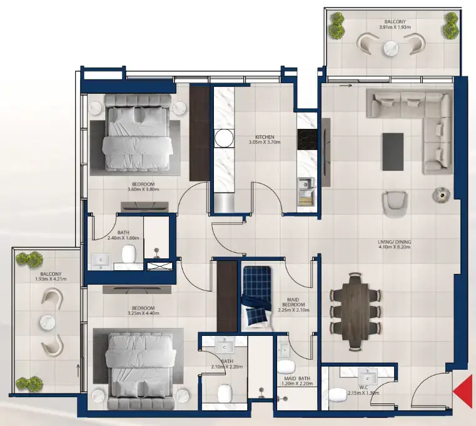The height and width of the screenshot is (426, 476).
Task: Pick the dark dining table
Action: click(x=354, y=309)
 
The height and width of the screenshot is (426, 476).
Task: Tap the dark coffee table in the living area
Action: click(x=393, y=150)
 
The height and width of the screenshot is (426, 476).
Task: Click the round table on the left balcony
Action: click(x=48, y=322)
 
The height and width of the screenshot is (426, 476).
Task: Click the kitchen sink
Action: click(x=305, y=184)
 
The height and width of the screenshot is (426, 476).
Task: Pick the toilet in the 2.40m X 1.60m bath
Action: click(x=129, y=254)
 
